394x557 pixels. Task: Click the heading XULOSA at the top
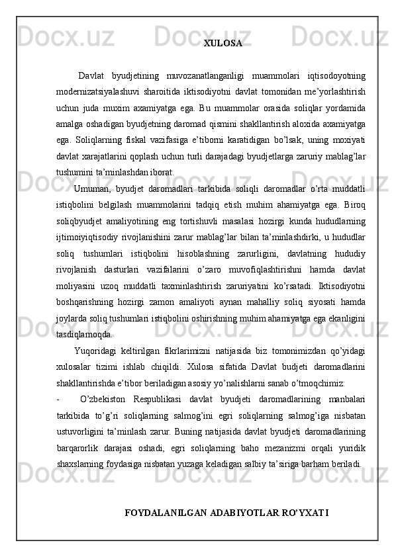click(222, 44)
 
